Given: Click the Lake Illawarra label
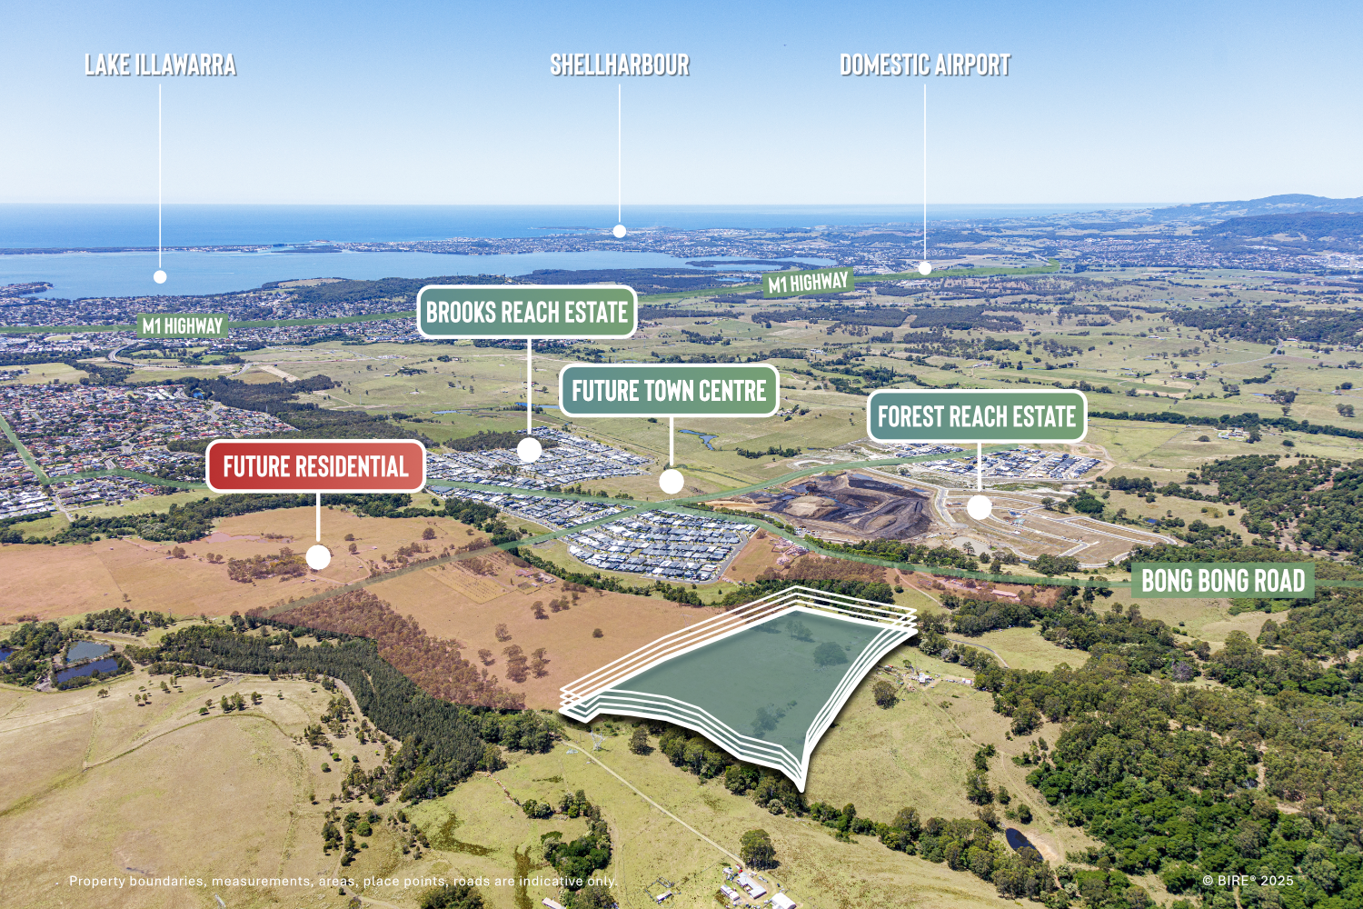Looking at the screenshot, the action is click(x=160, y=65).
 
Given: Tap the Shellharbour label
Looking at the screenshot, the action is click(x=620, y=65).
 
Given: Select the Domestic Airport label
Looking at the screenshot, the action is click(x=925, y=65).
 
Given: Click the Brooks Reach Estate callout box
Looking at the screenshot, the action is click(x=527, y=313).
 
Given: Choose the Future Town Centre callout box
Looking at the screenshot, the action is click(x=669, y=391).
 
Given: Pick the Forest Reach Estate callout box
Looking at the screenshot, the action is click(x=977, y=416).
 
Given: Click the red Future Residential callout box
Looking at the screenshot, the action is click(x=315, y=466).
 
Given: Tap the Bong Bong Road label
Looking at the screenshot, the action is click(x=1223, y=580).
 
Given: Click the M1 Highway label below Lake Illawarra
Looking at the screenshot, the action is click(x=183, y=325).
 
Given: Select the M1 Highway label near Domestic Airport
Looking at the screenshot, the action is click(x=808, y=284).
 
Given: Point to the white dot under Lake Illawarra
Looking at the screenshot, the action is click(x=160, y=276).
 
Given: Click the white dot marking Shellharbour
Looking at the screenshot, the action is click(x=620, y=231).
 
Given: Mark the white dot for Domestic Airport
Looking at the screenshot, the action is click(x=925, y=268).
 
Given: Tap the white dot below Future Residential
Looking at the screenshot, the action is click(x=318, y=557).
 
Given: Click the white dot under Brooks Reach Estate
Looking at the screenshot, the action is click(x=529, y=449).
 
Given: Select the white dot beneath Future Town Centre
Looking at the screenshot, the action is click(x=672, y=481).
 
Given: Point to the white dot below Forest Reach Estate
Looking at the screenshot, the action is click(x=979, y=507).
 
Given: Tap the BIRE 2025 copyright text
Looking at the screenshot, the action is click(x=1248, y=880).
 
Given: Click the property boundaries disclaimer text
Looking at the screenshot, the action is click(x=343, y=881).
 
